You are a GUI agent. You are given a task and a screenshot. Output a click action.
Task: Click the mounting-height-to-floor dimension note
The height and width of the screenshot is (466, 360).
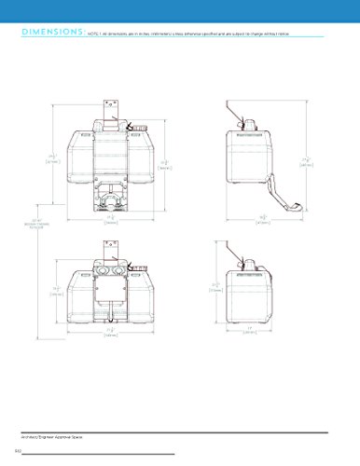click(35, 224)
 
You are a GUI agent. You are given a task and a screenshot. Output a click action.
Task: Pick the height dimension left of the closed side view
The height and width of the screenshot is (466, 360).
click(215, 287)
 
